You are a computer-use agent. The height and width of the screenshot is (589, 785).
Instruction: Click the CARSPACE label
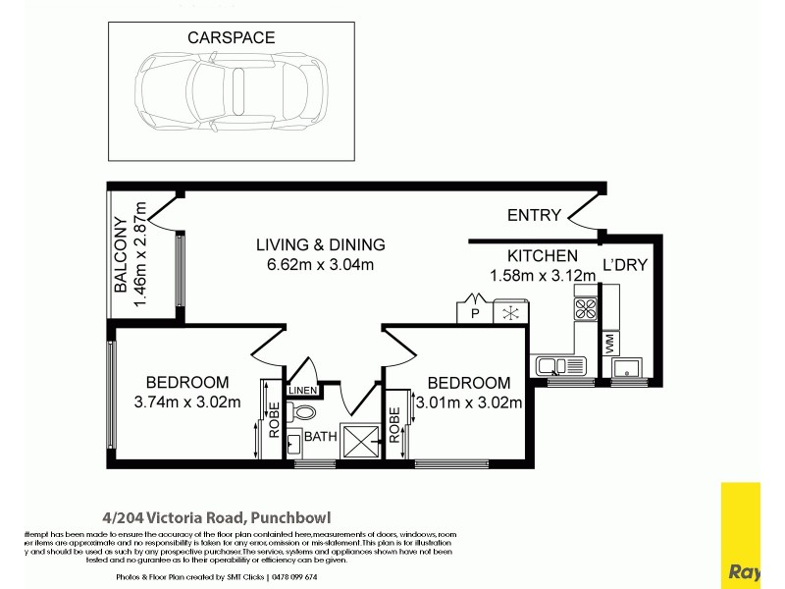click(x=231, y=37)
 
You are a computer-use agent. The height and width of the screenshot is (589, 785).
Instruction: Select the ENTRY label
click(x=534, y=216)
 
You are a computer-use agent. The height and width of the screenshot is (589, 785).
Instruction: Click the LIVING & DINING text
click(x=320, y=245)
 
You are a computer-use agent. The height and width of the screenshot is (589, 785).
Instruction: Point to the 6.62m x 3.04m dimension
click(x=320, y=265)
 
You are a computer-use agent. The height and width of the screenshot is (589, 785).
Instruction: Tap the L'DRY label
click(x=621, y=265)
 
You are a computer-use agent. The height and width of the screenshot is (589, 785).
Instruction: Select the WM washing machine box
click(x=610, y=345)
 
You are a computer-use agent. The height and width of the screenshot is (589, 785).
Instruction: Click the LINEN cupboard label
click(x=302, y=390)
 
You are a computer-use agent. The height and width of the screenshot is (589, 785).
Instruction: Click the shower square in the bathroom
click(x=359, y=442)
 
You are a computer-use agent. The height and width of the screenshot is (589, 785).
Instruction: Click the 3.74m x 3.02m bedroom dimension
click(x=186, y=401)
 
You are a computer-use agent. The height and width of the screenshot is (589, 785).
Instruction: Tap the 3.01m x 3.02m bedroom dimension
click(x=468, y=401)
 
